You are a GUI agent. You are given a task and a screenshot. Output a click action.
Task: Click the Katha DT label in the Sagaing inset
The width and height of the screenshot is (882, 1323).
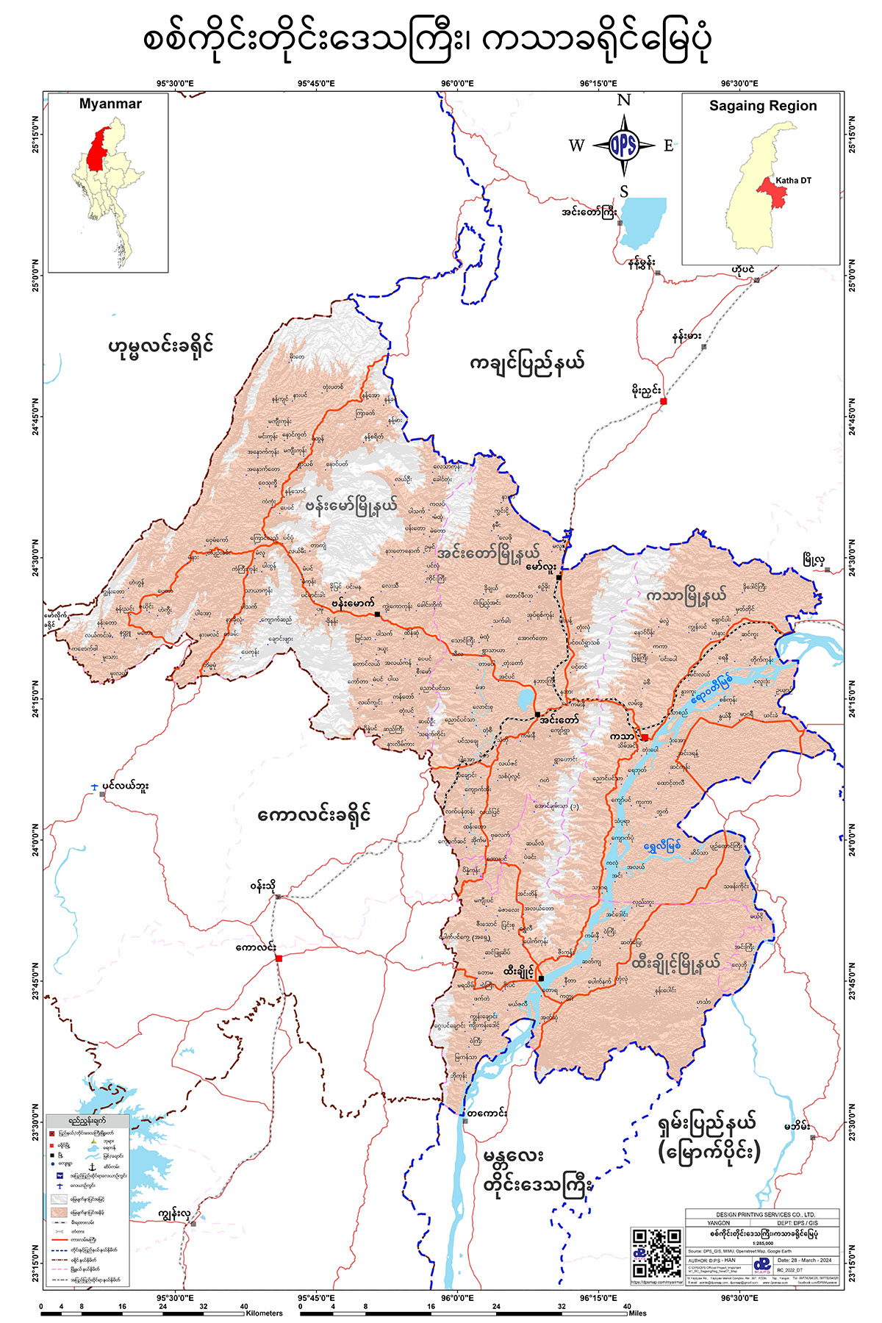(793, 181)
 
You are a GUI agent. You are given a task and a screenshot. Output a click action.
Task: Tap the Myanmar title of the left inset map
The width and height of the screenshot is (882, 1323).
(110, 104)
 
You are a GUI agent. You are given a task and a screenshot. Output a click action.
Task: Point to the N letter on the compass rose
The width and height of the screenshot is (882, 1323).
(623, 101)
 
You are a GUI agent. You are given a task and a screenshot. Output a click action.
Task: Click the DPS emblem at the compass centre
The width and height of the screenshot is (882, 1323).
(623, 146)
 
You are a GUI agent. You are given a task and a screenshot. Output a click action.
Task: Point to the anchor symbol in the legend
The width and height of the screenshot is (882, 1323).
(92, 1167)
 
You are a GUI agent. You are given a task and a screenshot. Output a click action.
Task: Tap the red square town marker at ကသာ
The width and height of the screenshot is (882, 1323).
(645, 737)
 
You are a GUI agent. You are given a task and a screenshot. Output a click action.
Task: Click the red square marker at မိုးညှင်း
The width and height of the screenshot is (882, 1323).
(663, 401)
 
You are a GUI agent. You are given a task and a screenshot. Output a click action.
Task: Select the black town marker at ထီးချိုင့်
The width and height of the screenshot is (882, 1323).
(541, 978)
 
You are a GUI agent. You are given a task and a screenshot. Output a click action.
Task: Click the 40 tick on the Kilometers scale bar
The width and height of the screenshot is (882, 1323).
(244, 1306)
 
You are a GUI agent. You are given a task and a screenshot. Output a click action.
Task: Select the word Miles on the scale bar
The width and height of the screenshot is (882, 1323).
(639, 1313)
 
